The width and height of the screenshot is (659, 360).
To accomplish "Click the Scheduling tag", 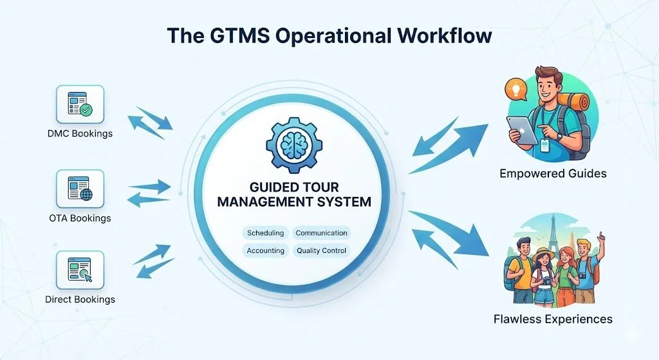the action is pyautogui.click(x=265, y=233).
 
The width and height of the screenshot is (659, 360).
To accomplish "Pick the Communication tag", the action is pyautogui.click(x=321, y=233).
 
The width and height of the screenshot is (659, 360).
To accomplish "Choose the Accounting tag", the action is pyautogui.click(x=265, y=251).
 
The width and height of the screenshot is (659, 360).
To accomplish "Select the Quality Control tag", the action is pyautogui.click(x=321, y=251).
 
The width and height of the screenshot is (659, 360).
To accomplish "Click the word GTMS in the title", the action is pyautogui.click(x=229, y=36).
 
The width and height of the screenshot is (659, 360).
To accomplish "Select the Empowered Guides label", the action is pyautogui.click(x=553, y=174).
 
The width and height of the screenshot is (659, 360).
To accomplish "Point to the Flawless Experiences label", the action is pyautogui.click(x=553, y=319).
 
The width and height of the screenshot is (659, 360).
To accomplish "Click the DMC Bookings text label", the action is pyautogui.click(x=80, y=134).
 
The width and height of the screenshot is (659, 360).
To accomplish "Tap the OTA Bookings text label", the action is pyautogui.click(x=80, y=218).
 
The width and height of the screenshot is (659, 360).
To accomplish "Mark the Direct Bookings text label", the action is pyautogui.click(x=80, y=299).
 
